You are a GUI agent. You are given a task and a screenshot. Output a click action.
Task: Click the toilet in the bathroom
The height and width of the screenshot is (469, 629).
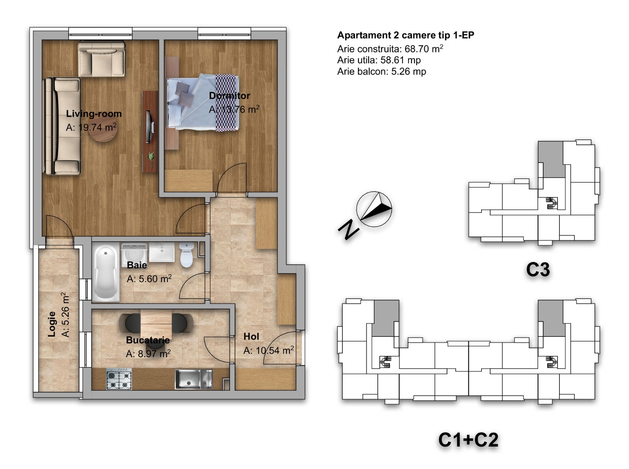pyautogui.click(x=186, y=255)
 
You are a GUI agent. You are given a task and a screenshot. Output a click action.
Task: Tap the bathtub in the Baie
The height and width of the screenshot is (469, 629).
pyautogui.click(x=105, y=273)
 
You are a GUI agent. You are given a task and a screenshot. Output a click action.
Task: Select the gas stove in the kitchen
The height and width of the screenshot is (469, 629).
pyautogui.click(x=119, y=379)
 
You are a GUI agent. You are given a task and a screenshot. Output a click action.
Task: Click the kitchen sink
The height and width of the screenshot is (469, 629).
pyautogui.click(x=194, y=379)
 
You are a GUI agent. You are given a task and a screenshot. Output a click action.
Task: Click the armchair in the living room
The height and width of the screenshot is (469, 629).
pyautogui.click(x=101, y=59)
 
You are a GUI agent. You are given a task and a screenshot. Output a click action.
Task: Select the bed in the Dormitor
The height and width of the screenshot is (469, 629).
pyautogui.click(x=202, y=102)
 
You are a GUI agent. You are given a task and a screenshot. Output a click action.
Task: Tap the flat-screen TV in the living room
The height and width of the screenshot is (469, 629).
pyautogui.click(x=150, y=127)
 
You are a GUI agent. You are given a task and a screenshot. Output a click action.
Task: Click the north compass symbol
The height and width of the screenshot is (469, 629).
pyautogui.click(x=374, y=209)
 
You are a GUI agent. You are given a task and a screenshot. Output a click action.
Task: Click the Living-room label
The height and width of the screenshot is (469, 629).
pyautogui.click(x=94, y=114)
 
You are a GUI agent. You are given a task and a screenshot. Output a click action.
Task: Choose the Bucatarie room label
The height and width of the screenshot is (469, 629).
pyautogui.click(x=148, y=340)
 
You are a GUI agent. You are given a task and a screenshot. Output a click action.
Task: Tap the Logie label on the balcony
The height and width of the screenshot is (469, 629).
pyautogui.click(x=51, y=324)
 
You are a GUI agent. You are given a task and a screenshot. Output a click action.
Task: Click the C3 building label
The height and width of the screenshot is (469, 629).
pyautogui.click(x=538, y=270)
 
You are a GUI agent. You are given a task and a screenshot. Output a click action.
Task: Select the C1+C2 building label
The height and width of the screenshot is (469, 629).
pyautogui.click(x=468, y=440)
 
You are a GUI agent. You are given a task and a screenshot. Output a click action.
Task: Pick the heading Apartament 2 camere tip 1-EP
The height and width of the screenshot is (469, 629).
pyautogui.click(x=406, y=35)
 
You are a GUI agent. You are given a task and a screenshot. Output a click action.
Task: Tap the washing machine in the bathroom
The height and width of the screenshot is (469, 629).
pyautogui.click(x=134, y=255)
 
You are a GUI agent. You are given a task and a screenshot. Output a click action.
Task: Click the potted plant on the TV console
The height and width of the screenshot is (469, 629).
pyautogui.click(x=151, y=156)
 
